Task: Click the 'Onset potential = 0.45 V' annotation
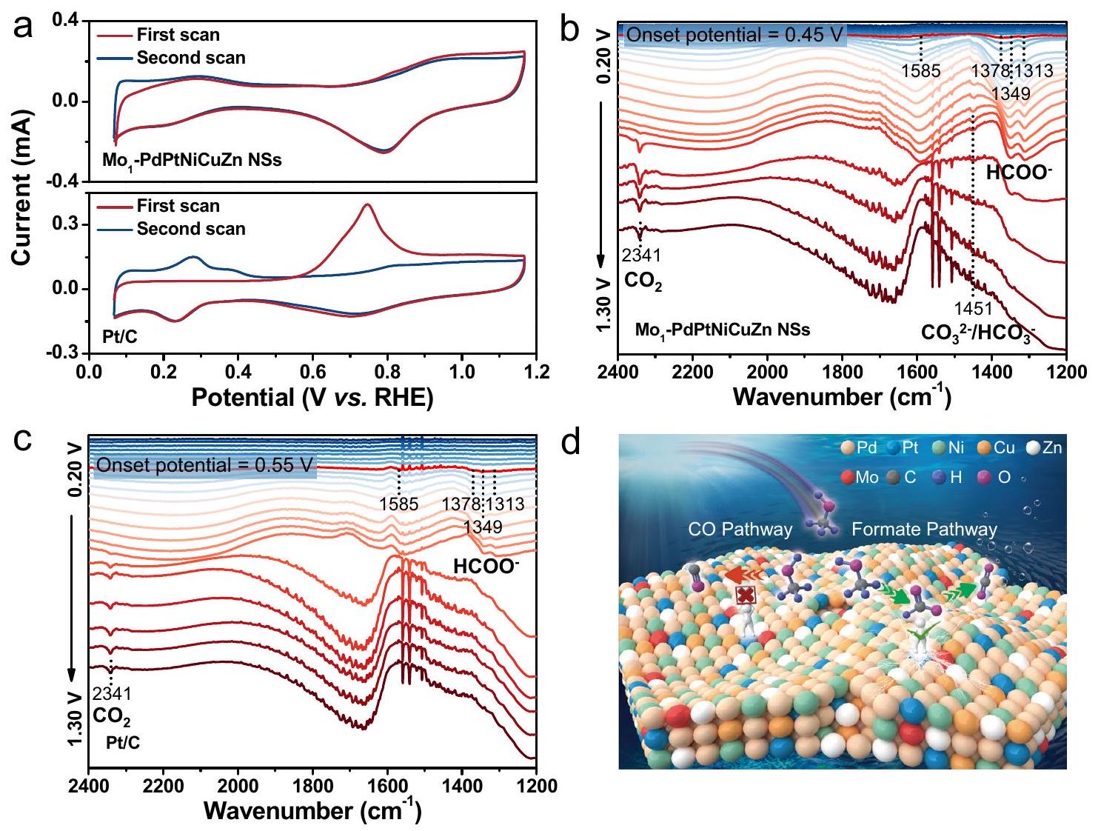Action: click(x=735, y=35)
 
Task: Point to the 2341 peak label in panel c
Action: click(x=111, y=694)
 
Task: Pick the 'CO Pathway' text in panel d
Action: click(x=740, y=530)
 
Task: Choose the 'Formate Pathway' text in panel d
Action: click(x=924, y=530)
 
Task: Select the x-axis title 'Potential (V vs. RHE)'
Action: click(x=312, y=398)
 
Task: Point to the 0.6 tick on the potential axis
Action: click(x=313, y=372)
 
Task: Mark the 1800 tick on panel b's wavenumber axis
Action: click(x=842, y=372)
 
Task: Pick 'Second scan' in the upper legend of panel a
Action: click(x=190, y=58)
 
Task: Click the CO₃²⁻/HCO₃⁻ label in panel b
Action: click(x=977, y=333)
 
